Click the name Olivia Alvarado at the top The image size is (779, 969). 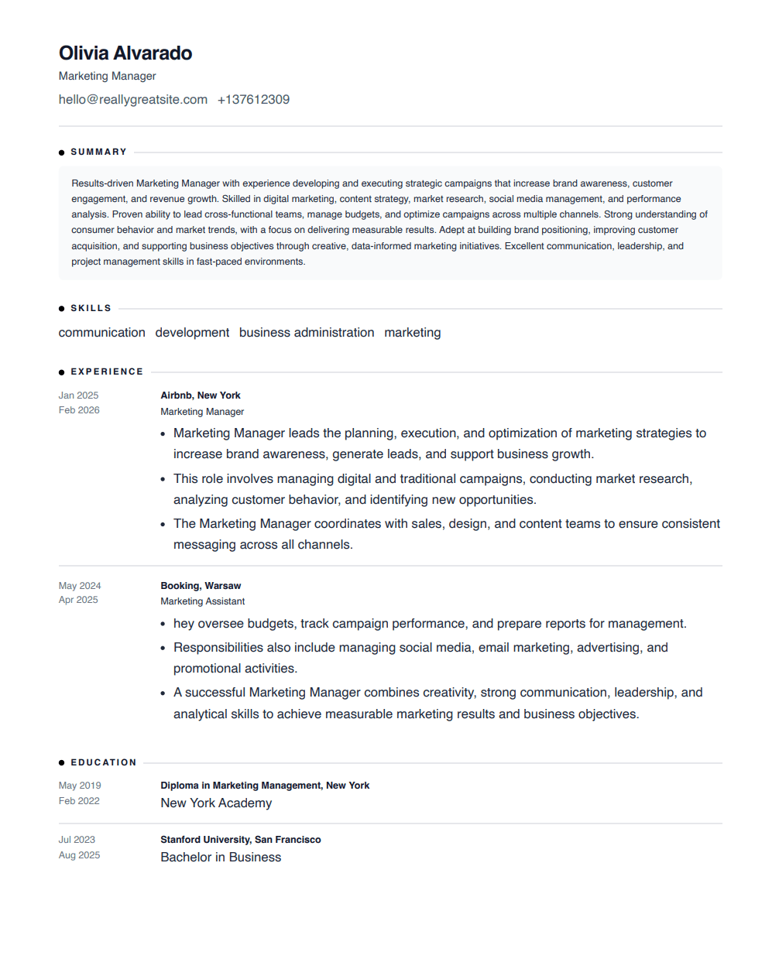click(125, 53)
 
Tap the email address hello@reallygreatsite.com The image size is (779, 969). click(133, 100)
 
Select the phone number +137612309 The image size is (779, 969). click(253, 100)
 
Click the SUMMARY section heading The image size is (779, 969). click(98, 152)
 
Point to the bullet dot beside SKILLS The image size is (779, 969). click(62, 309)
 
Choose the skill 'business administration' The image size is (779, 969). click(307, 333)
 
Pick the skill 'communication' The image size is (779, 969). click(102, 333)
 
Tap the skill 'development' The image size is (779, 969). click(192, 333)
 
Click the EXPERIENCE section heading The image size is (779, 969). click(107, 372)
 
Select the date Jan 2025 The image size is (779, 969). click(79, 395)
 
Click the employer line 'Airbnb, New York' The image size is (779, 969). click(201, 395)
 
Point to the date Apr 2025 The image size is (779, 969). click(78, 600)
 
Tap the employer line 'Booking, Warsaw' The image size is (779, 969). click(201, 586)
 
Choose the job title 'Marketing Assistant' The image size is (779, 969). click(203, 601)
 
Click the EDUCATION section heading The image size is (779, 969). click(104, 763)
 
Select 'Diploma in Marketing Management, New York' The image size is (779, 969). click(265, 786)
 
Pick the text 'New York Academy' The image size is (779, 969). click(216, 803)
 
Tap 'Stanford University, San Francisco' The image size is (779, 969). click(241, 840)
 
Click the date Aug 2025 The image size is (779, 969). click(79, 855)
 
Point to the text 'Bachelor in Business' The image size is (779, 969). click(221, 858)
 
